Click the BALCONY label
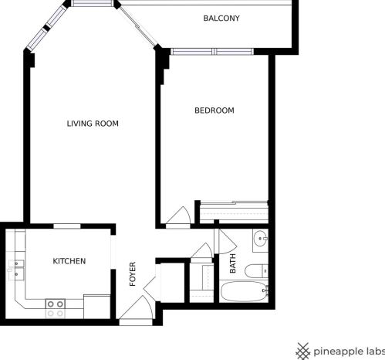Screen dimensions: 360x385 click(221, 18)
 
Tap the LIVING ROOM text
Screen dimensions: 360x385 click(93, 124)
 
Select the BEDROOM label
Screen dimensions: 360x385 click(214, 110)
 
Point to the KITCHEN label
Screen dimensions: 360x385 click(69, 261)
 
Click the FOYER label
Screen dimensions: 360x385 click(133, 274)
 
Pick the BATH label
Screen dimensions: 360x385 click(233, 264)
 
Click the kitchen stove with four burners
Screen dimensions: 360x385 click(55, 308)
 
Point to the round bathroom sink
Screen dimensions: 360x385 click(262, 238)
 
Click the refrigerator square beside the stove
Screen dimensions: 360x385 click(96, 306)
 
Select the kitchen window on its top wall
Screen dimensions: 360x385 click(67, 226)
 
